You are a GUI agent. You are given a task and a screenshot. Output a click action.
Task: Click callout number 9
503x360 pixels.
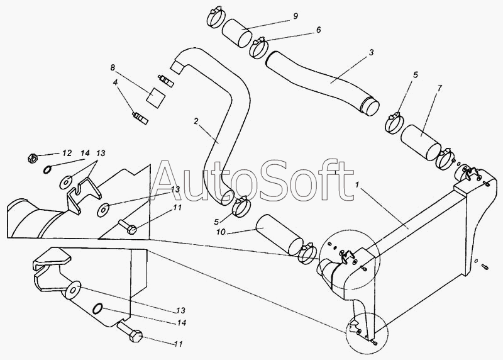click(x=296, y=16)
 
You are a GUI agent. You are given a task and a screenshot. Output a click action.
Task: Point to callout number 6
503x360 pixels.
click(x=318, y=30)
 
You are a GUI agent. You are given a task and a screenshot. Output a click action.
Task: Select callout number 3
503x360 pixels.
click(x=371, y=53)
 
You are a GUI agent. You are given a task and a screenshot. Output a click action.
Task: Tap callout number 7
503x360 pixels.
click(x=439, y=87)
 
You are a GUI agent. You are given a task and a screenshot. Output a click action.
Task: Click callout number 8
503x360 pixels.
click(x=113, y=67)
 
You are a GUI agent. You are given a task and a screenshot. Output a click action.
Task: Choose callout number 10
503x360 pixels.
click(x=221, y=232)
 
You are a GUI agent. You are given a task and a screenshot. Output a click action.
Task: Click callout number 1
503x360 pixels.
click(x=357, y=185)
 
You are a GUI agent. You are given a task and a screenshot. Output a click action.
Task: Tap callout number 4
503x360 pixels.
click(x=115, y=82)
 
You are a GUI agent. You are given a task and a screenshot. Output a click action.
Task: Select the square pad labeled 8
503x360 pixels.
click(x=155, y=96)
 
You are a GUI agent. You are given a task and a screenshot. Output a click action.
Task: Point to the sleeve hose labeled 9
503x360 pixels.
click(x=237, y=33)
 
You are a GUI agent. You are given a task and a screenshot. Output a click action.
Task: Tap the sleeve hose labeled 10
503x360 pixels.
click(x=279, y=235)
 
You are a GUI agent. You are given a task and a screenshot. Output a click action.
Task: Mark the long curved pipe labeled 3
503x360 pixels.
click(x=323, y=81)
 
